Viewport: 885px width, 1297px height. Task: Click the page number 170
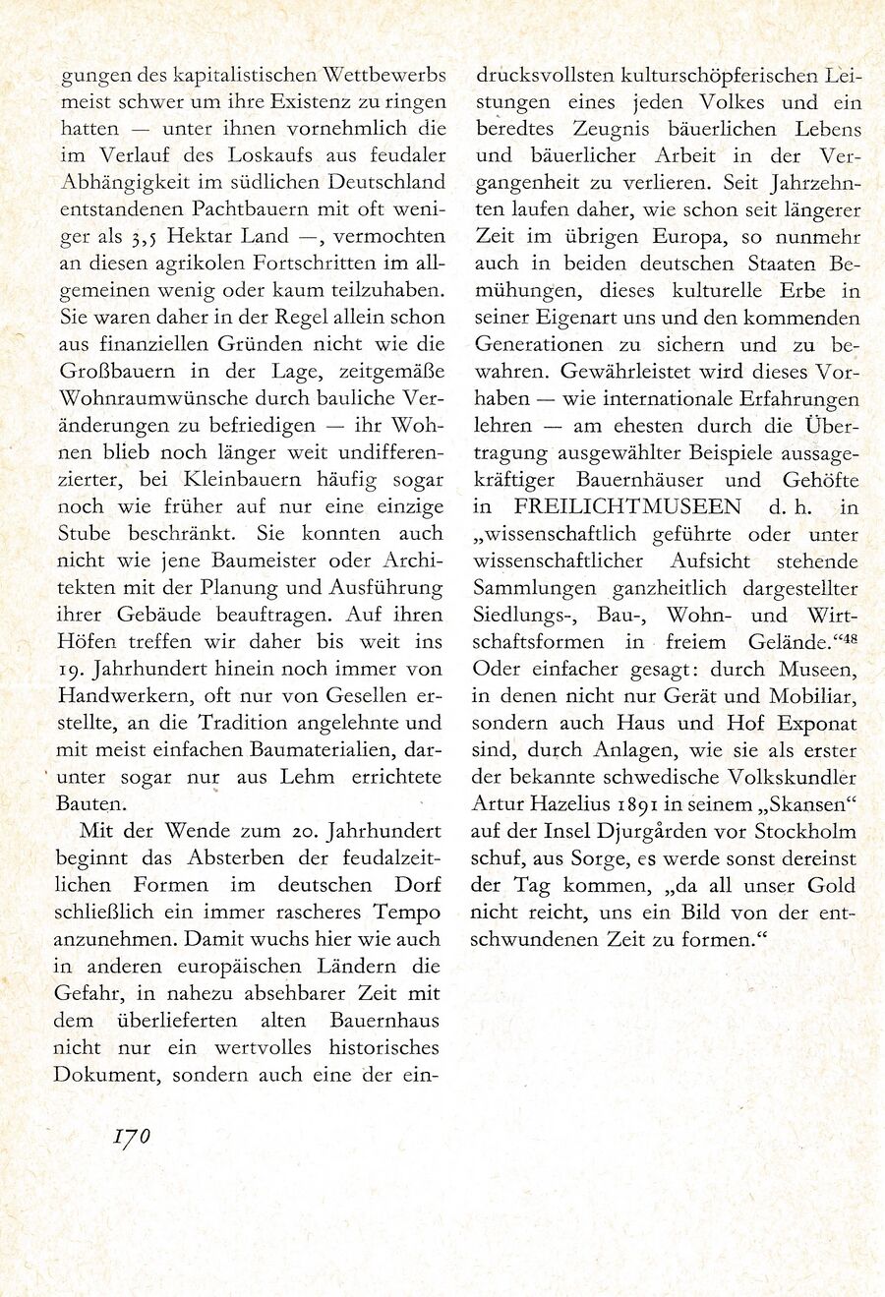pos(131,1137)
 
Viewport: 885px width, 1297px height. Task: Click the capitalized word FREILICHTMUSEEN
pos(627,507)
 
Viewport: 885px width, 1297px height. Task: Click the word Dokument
pos(107,1076)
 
